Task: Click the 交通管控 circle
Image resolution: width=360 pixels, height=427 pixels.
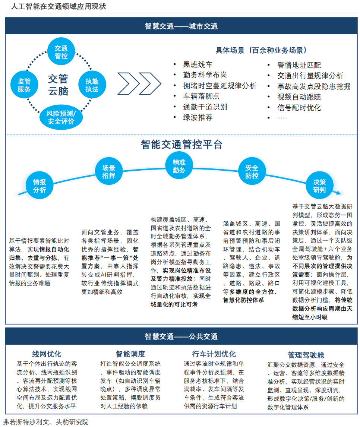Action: click(61, 52)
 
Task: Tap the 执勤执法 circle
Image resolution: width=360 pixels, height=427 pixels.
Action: click(92, 85)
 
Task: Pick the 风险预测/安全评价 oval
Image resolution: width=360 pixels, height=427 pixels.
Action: click(61, 117)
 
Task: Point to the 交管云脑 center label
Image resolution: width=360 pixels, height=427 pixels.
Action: click(58, 84)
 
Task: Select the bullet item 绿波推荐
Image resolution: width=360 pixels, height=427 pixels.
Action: click(198, 118)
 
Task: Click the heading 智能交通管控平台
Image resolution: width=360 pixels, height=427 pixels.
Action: click(181, 145)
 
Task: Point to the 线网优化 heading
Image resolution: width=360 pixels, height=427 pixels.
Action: click(47, 354)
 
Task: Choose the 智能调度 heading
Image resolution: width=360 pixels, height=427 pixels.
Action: click(130, 354)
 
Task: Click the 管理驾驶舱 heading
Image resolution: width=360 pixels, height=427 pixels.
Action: click(306, 354)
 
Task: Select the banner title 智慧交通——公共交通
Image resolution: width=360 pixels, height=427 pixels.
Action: click(181, 336)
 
